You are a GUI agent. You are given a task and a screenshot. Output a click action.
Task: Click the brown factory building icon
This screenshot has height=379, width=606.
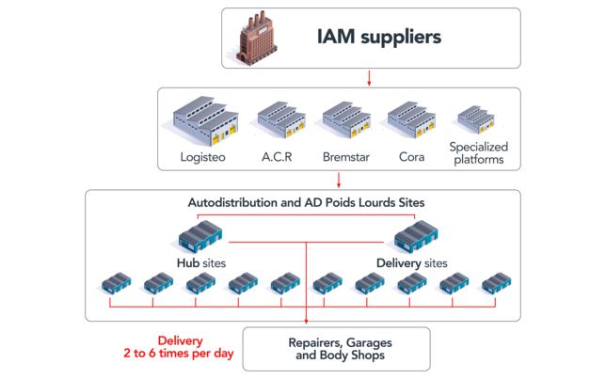pos(257,38)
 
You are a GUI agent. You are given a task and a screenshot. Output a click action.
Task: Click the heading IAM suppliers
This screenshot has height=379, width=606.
pos(378,37)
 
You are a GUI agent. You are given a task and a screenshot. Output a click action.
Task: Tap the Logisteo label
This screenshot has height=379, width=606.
pos(203,157)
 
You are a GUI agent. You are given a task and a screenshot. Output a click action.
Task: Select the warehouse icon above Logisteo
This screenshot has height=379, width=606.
pos(205,121)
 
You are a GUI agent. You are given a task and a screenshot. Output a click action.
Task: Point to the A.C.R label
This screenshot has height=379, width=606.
pos(277,157)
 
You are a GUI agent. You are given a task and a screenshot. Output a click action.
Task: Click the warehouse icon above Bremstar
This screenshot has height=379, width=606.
pos(346,119)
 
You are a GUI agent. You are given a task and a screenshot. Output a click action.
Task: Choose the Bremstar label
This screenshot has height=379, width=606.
pos(346,157)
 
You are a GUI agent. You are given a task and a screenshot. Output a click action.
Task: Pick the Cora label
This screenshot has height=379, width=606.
pos(411,157)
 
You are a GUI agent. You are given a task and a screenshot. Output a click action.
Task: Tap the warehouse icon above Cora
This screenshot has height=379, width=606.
pos(411,119)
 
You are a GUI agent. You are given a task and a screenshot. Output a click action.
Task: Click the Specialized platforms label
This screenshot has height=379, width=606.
pos(478,153)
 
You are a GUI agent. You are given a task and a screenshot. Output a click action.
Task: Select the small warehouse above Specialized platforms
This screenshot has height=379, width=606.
pos(476,119)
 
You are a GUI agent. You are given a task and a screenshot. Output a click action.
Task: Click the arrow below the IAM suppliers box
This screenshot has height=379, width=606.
pos(369,78)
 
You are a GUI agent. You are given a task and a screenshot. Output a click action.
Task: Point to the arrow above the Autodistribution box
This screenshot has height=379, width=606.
pos(339,180)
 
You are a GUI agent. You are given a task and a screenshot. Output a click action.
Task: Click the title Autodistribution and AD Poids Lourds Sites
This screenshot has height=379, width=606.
pos(306,202)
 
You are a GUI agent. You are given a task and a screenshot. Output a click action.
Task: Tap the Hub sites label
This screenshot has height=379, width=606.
pos(201,263)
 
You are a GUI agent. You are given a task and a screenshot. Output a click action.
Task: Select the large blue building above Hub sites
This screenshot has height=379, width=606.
pos(200,236)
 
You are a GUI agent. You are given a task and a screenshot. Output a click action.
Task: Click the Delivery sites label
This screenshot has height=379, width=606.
pos(412,263)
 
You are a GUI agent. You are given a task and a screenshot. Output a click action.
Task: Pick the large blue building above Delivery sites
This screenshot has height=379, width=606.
pos(416,236)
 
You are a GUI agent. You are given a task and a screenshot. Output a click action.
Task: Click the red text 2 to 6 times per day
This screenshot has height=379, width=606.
pos(179,353)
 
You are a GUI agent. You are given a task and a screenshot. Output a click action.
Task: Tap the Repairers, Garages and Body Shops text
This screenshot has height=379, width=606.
pos(340,349)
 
